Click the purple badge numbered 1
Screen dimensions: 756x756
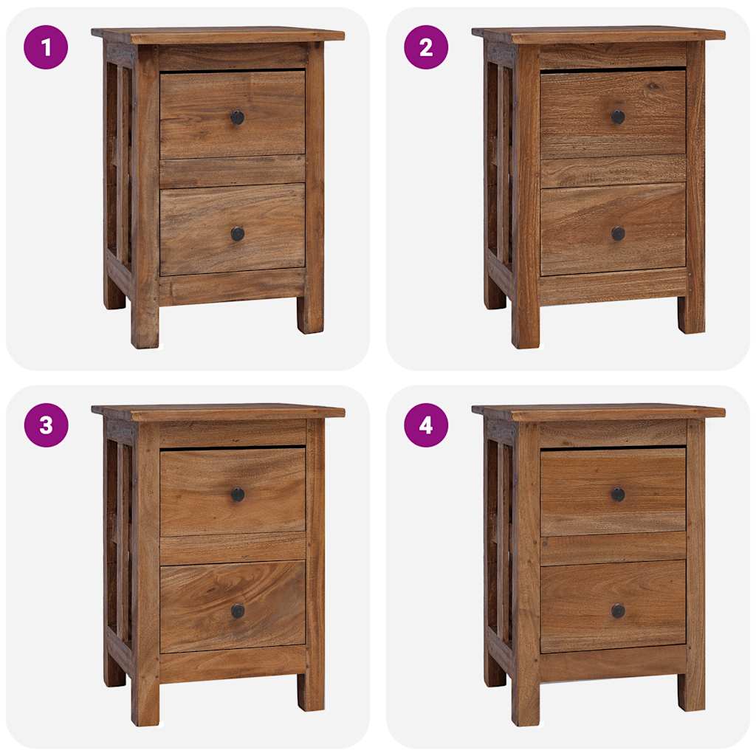coord(46,47)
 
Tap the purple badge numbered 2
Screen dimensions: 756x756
coord(426,47)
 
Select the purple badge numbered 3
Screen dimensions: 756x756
coord(46,425)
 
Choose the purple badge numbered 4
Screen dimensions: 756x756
coord(426,425)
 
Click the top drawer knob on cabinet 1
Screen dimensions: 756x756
coord(237,117)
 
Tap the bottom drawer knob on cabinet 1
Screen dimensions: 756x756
coord(237,234)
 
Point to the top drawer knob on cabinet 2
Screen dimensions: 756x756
coord(618,117)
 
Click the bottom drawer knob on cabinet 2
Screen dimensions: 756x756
coord(618,233)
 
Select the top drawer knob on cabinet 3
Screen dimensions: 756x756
coord(237,495)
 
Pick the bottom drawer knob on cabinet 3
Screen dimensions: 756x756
coord(237,611)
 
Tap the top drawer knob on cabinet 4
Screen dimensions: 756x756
coord(618,494)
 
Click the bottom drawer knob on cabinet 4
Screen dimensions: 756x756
coord(618,611)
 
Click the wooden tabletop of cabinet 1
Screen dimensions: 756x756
coord(219,35)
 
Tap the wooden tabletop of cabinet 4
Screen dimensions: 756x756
coord(599,412)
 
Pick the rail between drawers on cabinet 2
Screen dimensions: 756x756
coord(613,171)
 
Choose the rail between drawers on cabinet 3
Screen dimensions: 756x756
coord(233,548)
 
